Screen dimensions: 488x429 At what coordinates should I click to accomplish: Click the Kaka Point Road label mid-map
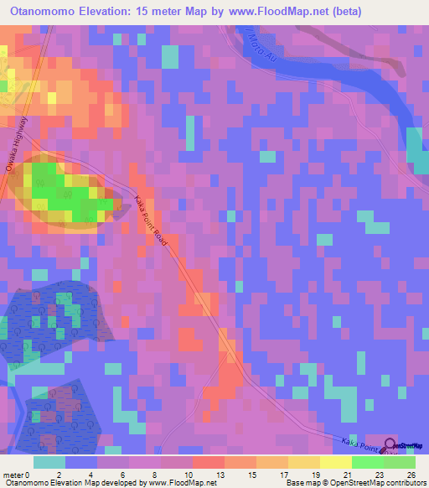pyautogui.click(x=152, y=221)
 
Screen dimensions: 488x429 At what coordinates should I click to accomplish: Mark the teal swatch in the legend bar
pyautogui.click(x=49, y=462)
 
